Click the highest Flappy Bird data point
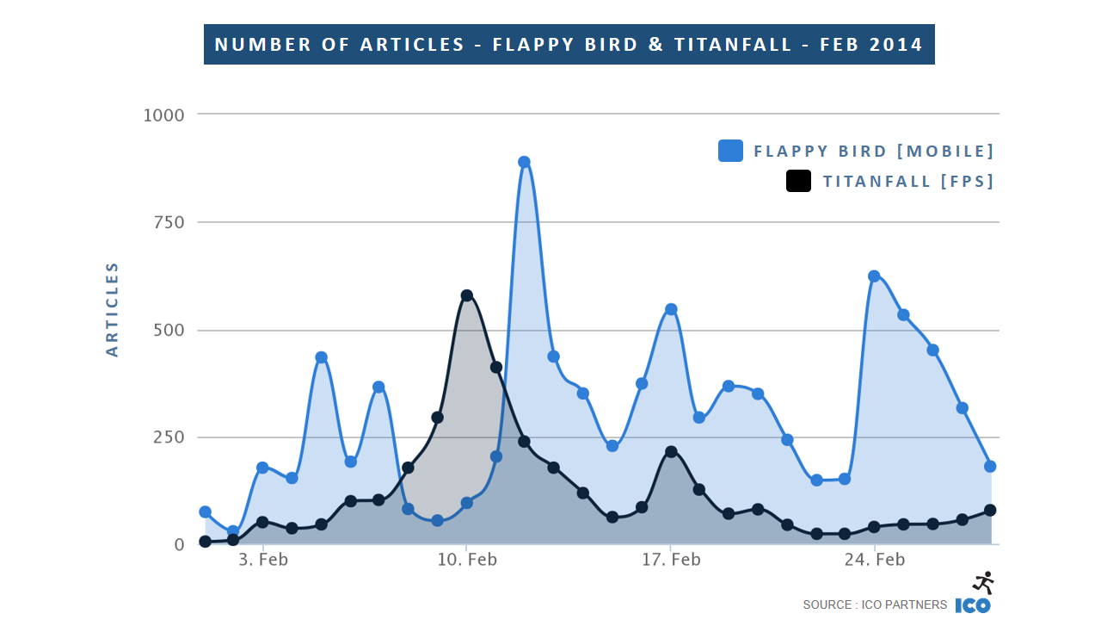click(524, 162)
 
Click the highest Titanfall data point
click(466, 295)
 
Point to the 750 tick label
click(167, 222)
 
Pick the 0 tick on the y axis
click(179, 544)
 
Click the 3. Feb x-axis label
click(262, 561)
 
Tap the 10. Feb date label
click(466, 561)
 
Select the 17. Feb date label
click(671, 561)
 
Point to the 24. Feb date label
click(875, 561)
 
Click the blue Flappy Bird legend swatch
click(730, 151)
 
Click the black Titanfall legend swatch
click(798, 181)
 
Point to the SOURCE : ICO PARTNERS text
click(875, 604)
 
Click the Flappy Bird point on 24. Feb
click(874, 276)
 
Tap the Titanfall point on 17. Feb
click(671, 452)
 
